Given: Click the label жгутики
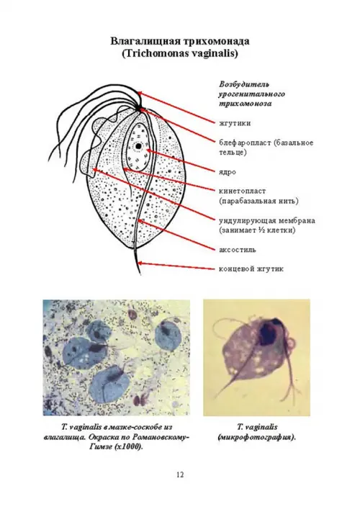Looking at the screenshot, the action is click(x=235, y=123).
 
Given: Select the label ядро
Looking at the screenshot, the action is click(x=228, y=172).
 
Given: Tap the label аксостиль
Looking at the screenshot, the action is click(x=238, y=250).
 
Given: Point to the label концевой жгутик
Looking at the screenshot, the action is click(x=251, y=269).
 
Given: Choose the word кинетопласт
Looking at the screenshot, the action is click(x=242, y=192).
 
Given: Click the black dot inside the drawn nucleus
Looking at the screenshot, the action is click(x=139, y=146).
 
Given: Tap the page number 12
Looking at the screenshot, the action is click(x=180, y=474).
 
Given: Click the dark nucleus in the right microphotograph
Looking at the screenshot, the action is click(x=269, y=333).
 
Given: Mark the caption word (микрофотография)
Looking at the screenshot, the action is click(x=256, y=437).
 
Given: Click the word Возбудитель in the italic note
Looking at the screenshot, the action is click(x=244, y=84).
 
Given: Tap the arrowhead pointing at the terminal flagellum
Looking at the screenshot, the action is click(x=142, y=263).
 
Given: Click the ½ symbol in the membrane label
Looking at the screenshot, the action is click(x=255, y=230).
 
